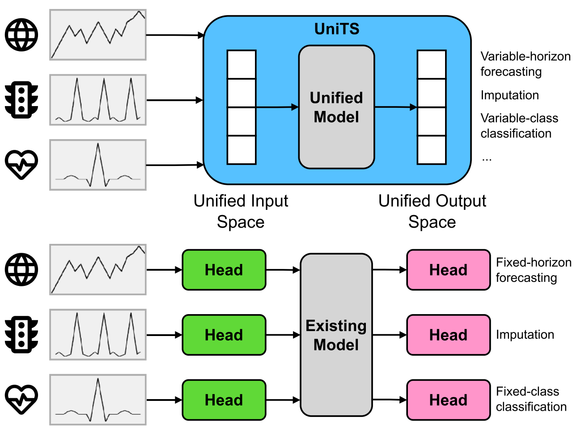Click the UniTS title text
pos(337,29)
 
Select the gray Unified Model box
pos(336,107)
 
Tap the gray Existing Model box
pos(336,335)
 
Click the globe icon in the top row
pos(21,35)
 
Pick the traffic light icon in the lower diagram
pos(21,335)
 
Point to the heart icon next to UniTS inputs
pos(21,164)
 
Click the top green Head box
pos(224,270)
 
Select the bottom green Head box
pos(224,400)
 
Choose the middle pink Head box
pos(448,335)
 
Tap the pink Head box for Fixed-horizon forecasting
pos(448,270)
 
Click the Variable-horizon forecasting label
pos(525,64)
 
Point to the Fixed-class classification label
pos(531,399)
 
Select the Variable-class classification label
pos(519,126)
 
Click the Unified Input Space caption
pos(241,212)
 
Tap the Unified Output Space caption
pos(432,212)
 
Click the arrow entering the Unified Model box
pos(277,107)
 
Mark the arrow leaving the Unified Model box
pos(395,107)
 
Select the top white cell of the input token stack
pos(242,64)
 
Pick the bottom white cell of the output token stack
pos(432,150)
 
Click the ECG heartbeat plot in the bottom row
pos(98,400)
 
